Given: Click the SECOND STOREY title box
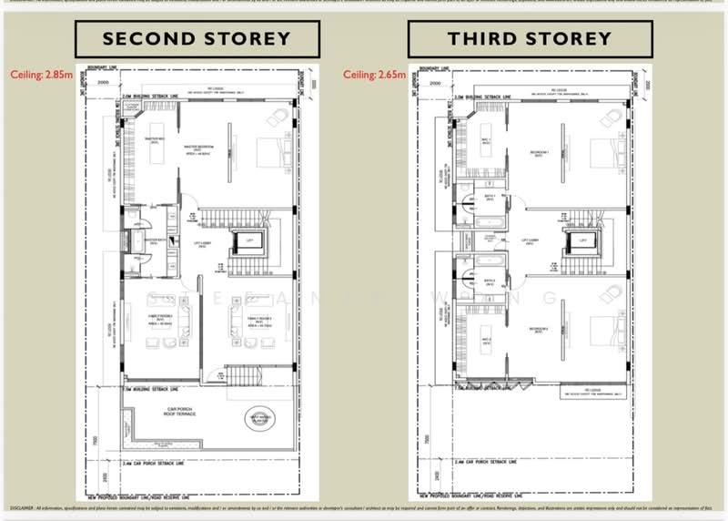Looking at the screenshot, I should click(x=196, y=39).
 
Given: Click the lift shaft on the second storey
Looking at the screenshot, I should click(x=248, y=244).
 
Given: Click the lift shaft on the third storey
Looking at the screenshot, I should click(x=580, y=243).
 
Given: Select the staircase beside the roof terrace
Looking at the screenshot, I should click(x=237, y=373).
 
